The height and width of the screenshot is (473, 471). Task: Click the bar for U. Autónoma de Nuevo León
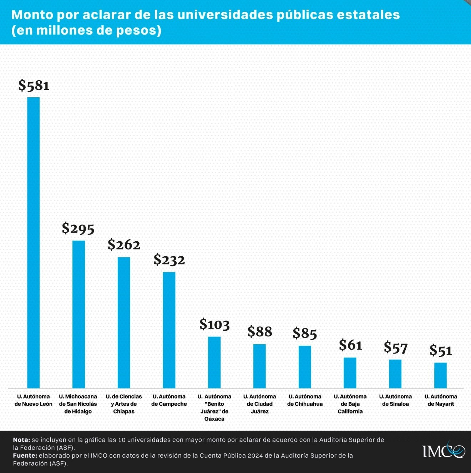click(x=34, y=242)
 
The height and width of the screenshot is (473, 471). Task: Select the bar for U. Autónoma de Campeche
click(x=169, y=330)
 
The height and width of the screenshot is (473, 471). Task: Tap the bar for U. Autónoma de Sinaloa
click(x=395, y=374)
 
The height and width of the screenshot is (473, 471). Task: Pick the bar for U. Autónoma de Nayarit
click(x=440, y=375)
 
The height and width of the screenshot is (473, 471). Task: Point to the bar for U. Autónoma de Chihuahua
click(x=305, y=367)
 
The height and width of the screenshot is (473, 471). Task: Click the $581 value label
click(x=34, y=86)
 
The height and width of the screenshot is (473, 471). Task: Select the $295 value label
click(x=78, y=228)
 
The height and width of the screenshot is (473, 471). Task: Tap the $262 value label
click(x=124, y=245)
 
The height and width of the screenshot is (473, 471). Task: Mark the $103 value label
click(x=214, y=324)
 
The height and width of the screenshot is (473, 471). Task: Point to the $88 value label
click(x=260, y=332)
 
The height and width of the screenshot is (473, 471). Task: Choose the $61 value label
click(x=350, y=345)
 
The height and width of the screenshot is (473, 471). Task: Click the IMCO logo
click(x=444, y=451)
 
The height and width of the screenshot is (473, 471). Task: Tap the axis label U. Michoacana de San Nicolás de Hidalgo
click(x=78, y=404)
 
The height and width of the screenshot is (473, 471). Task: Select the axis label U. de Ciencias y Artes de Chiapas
click(x=124, y=404)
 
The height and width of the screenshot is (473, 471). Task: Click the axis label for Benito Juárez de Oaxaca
click(x=214, y=407)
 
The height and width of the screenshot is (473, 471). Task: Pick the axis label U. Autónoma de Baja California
click(x=350, y=404)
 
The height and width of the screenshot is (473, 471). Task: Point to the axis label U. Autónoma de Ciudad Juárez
click(x=260, y=404)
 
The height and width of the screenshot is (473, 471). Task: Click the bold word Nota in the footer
click(x=21, y=440)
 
